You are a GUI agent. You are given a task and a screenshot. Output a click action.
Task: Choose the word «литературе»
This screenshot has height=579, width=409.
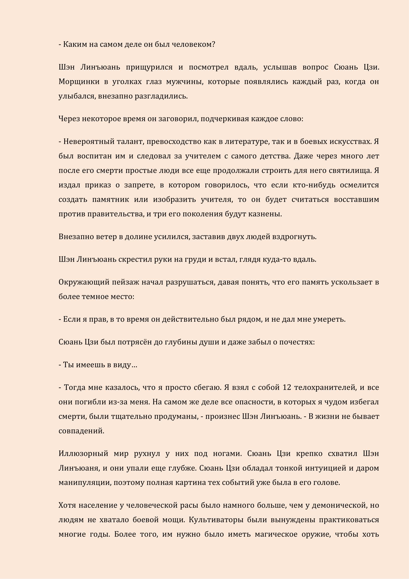247,142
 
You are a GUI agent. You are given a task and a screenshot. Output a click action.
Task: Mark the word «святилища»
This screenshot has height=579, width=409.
350,171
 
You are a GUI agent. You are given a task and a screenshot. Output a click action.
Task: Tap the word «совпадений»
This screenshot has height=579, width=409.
81,431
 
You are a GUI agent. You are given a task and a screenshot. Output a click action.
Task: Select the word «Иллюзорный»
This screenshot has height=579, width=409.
83,454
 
